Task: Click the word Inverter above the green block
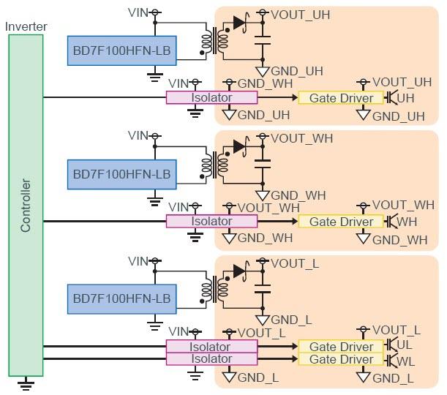pos(26,26)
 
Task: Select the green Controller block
pos(26,205)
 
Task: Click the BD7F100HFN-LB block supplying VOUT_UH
pos(121,50)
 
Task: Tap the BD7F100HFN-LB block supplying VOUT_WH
pos(121,174)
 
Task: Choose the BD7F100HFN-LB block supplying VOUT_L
pos(121,298)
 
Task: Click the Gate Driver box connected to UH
pos(341,98)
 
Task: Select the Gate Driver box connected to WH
pos(341,222)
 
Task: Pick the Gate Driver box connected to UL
pos(341,347)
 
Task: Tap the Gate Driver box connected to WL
pos(341,359)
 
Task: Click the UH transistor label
pos(406,97)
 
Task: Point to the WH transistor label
pos(407,221)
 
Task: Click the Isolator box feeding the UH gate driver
pos(211,97)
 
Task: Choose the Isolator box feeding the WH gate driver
pos(211,221)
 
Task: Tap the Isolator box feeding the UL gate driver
pos(211,347)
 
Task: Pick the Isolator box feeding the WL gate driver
pos(211,359)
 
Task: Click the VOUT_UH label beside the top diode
pos(300,14)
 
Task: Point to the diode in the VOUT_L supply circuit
pos(238,270)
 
